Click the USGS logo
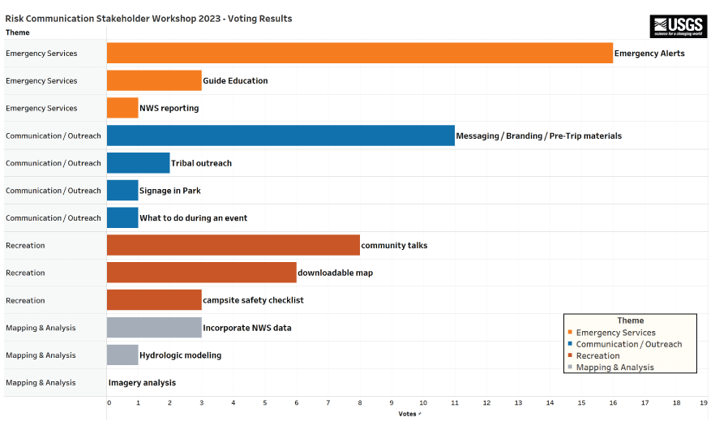(678, 26)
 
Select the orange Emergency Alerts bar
(359, 53)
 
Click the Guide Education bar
(154, 80)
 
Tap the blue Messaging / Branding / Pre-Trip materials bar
(280, 135)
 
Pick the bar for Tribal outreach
(138, 163)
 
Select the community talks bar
(233, 245)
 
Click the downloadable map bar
(201, 273)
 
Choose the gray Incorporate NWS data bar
(154, 328)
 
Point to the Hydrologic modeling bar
(122, 355)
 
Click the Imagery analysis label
(142, 383)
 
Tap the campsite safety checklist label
(253, 300)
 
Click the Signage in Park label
(170, 191)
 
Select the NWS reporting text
(169, 108)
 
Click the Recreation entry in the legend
(597, 355)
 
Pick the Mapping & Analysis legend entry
(615, 368)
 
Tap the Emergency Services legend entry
(615, 333)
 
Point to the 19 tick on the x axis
(704, 402)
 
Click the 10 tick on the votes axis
(422, 402)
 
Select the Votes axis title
(407, 414)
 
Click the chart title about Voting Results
(148, 18)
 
